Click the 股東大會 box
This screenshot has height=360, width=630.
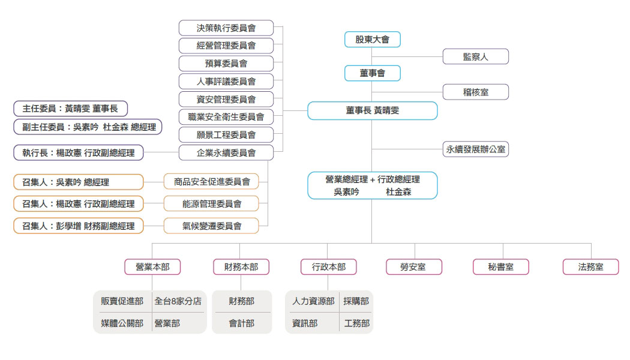(x=372, y=40)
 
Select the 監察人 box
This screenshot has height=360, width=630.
(x=475, y=56)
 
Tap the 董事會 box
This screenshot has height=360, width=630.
(x=372, y=73)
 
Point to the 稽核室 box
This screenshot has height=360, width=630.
(x=475, y=92)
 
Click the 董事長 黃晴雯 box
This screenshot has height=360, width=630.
(x=372, y=110)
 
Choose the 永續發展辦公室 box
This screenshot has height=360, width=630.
(x=475, y=149)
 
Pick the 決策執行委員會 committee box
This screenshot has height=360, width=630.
(x=226, y=28)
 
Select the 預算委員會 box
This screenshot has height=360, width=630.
(x=226, y=63)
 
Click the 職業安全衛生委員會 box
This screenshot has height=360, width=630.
(x=226, y=117)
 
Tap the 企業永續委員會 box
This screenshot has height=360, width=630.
(x=226, y=153)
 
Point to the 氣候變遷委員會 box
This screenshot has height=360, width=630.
(x=211, y=226)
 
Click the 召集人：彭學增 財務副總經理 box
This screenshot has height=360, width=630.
(x=78, y=226)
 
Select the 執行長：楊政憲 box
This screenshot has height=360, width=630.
(x=78, y=153)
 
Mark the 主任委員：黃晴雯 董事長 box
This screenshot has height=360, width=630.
(x=70, y=109)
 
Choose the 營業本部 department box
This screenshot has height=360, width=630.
(x=152, y=267)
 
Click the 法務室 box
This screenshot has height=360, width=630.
(x=590, y=267)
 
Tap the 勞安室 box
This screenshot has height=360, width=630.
(x=414, y=267)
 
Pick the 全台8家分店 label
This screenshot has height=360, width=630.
(x=178, y=301)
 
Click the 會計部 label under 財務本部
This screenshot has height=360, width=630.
(x=241, y=323)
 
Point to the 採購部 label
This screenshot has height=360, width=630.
(x=356, y=301)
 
